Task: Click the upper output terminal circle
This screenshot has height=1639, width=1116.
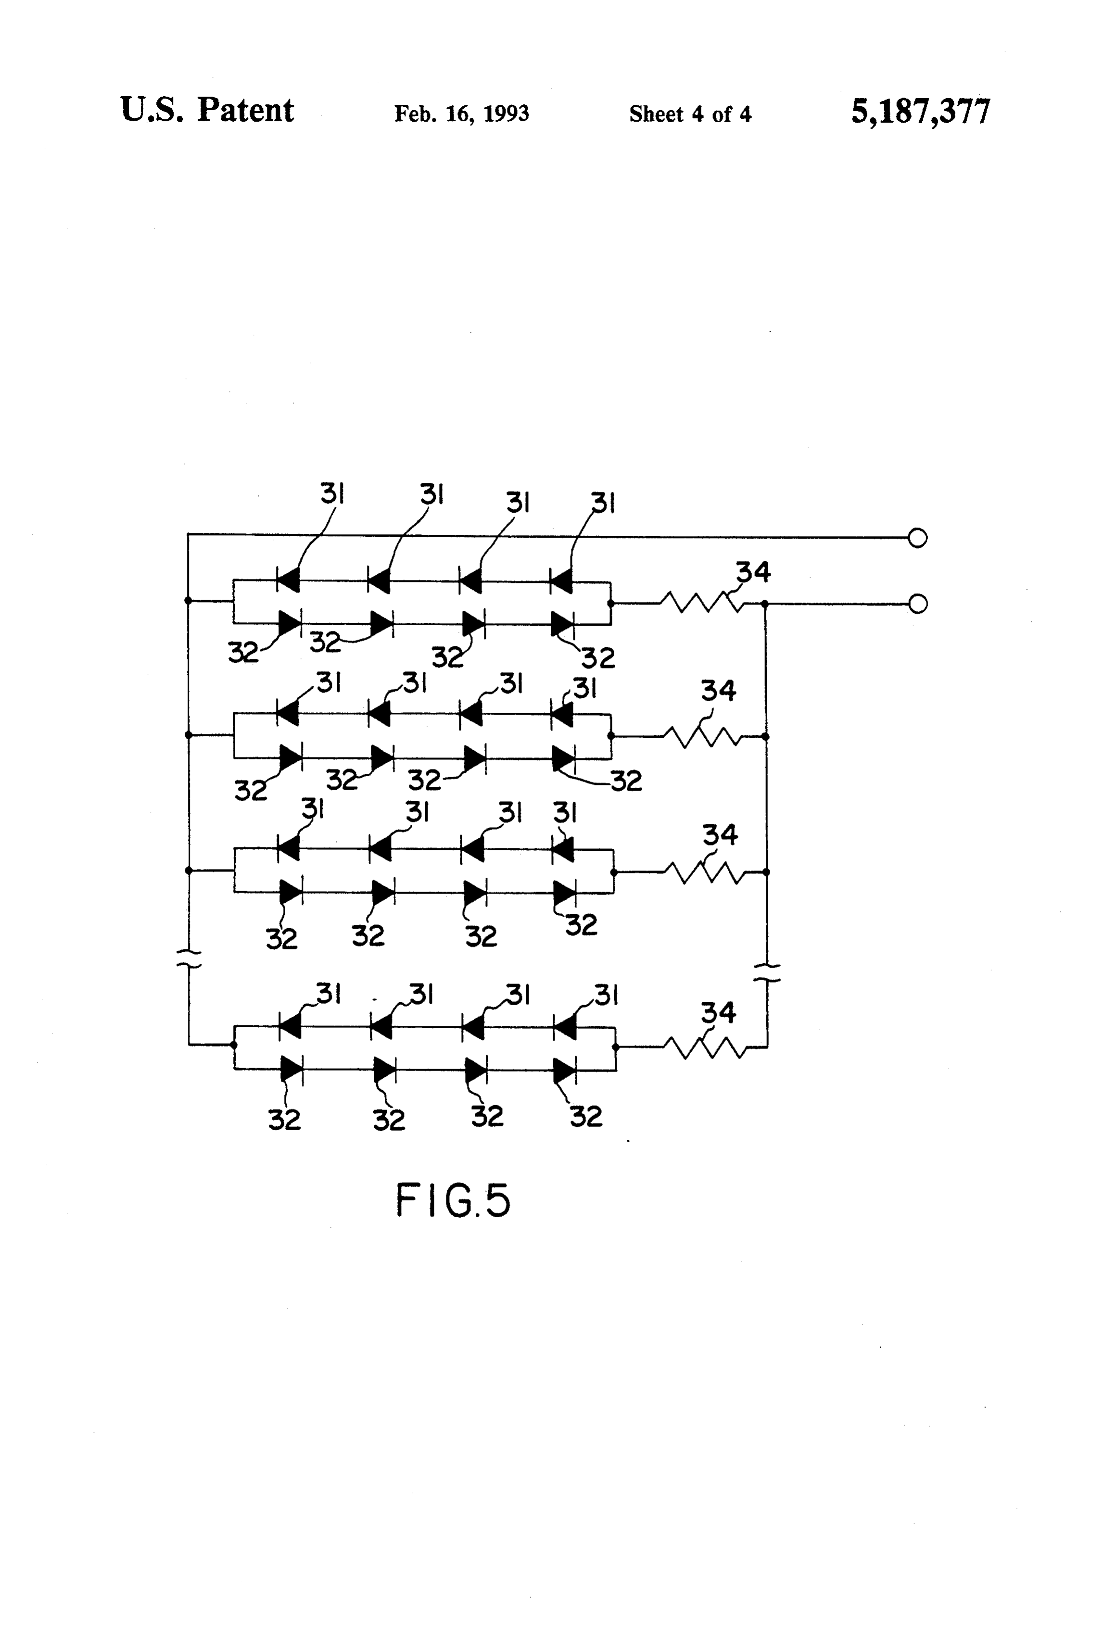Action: [x=917, y=538]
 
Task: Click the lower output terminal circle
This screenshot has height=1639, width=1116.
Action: [x=917, y=604]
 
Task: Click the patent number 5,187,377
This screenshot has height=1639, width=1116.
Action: [x=921, y=112]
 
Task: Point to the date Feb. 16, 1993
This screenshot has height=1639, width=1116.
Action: [x=461, y=113]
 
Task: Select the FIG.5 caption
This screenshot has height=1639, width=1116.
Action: [x=452, y=1200]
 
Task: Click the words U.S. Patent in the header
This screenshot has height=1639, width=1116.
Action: [x=207, y=110]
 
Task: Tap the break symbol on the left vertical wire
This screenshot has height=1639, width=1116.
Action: [x=189, y=958]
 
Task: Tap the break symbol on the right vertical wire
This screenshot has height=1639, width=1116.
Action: [x=767, y=972]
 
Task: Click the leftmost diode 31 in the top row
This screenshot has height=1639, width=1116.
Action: [x=288, y=580]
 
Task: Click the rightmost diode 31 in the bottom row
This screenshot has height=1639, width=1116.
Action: [x=565, y=1026]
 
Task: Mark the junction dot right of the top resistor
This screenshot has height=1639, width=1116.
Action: [x=765, y=604]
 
